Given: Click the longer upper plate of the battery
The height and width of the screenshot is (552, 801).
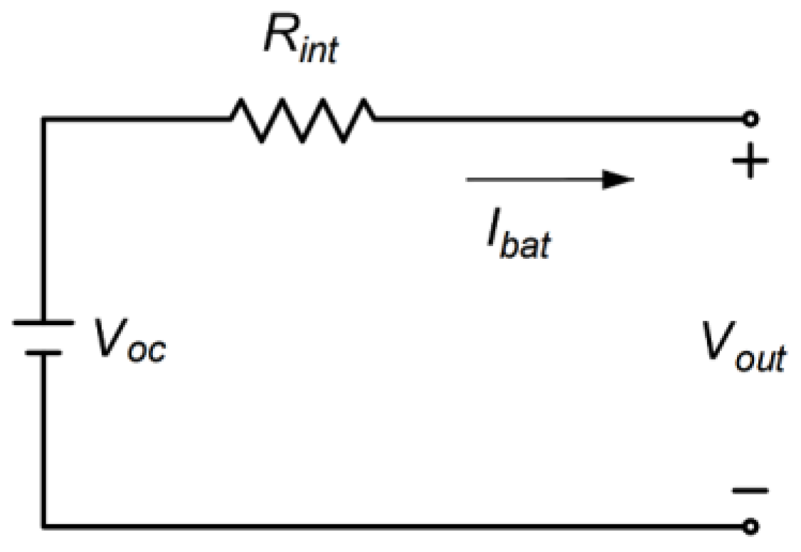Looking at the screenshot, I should [43, 322].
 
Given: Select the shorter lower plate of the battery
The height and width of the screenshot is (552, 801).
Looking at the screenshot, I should [43, 351].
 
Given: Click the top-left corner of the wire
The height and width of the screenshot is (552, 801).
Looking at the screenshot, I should [43, 119].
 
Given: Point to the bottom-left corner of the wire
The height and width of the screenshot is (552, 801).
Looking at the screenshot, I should [43, 527].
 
